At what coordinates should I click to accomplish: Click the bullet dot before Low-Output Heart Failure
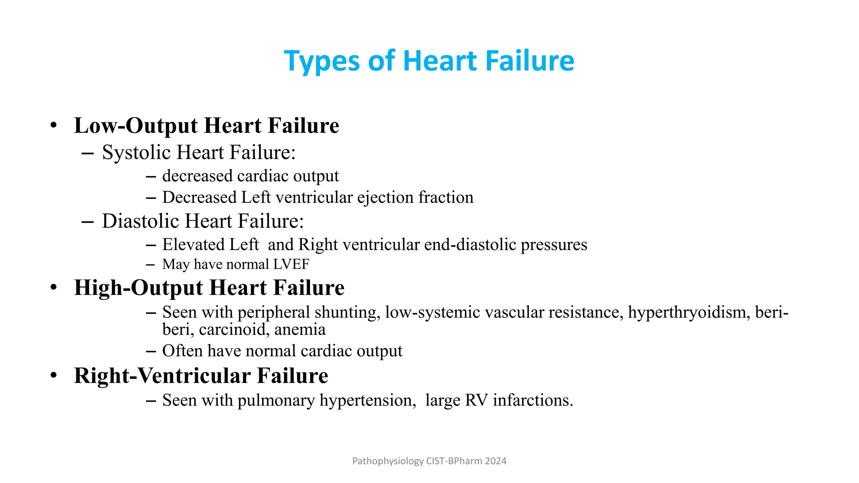(53, 125)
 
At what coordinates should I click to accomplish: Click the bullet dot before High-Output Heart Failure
(53, 287)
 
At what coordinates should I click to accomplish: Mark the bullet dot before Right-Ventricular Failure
(53, 375)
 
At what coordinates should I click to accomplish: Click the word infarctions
(533, 400)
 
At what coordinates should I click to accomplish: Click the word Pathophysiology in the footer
(388, 461)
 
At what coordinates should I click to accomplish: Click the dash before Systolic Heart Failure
(87, 153)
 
